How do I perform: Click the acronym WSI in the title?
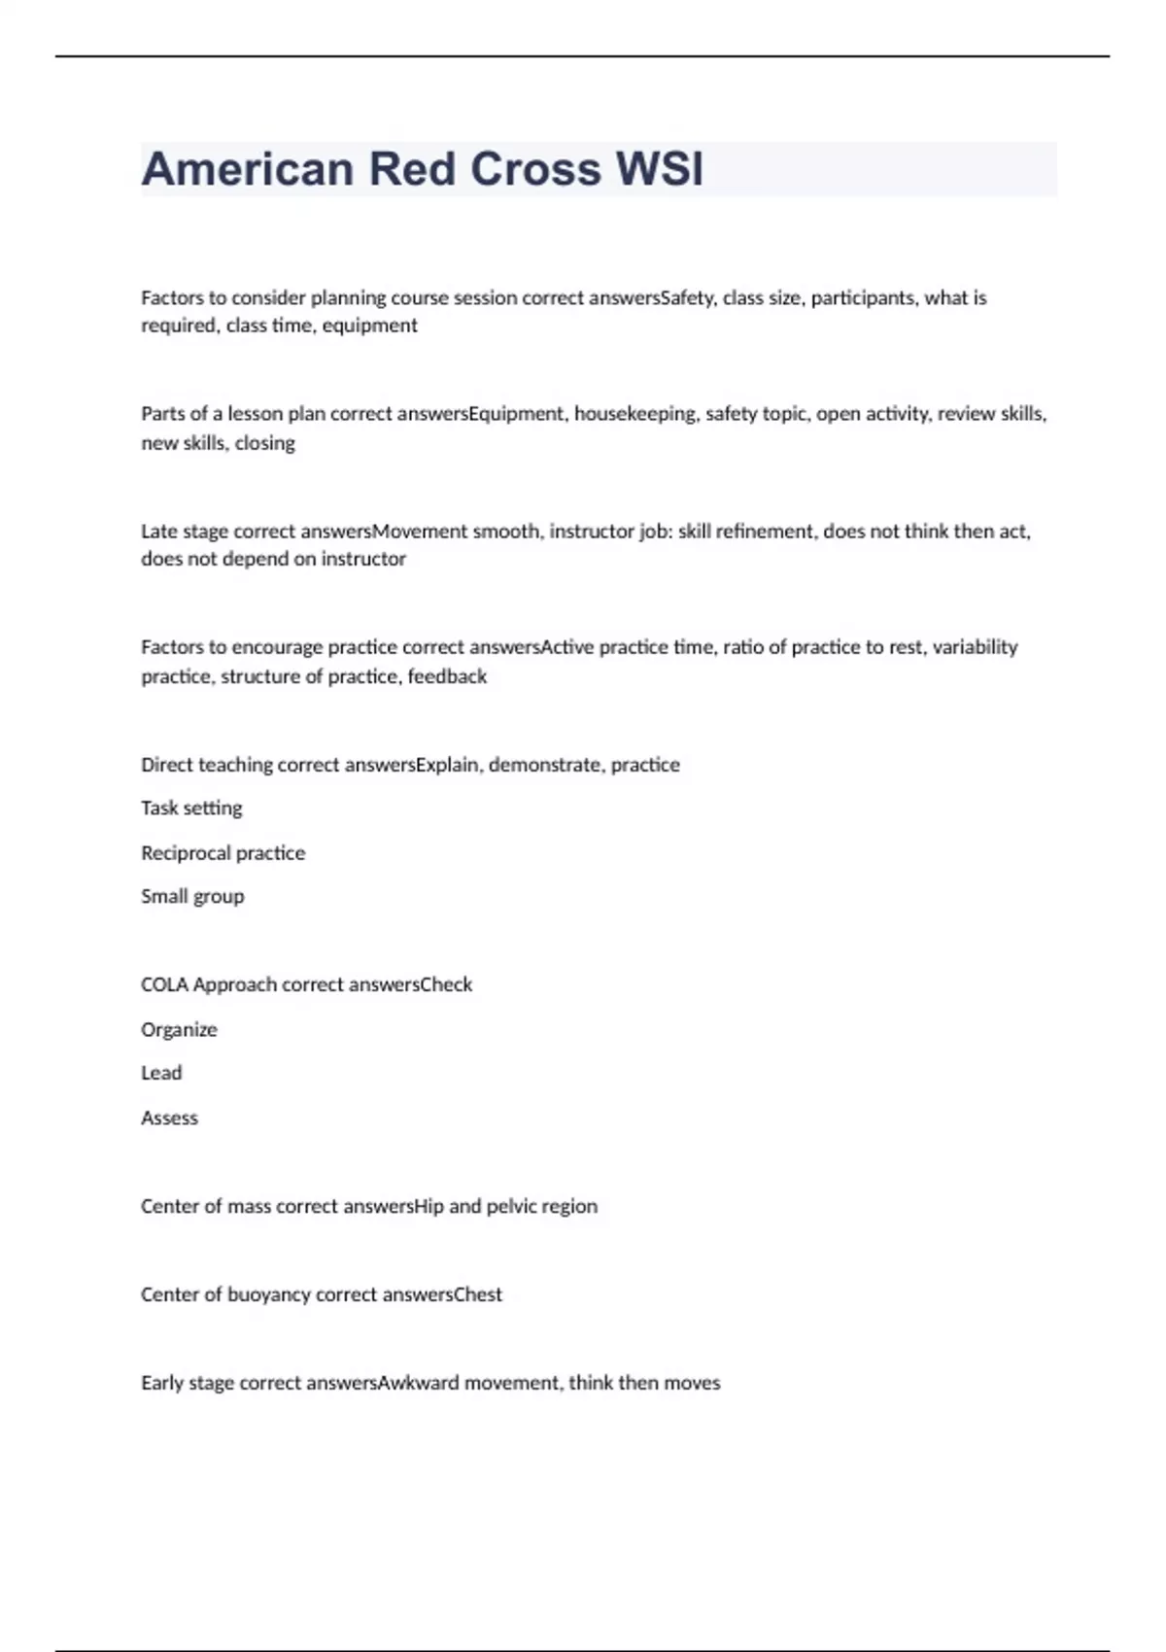(660, 169)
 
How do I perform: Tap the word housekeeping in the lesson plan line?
(635, 414)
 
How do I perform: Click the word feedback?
(447, 676)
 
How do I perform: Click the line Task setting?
(191, 809)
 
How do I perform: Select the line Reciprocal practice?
(223, 853)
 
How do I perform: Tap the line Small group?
(192, 897)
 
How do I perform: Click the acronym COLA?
(164, 984)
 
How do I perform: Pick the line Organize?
(179, 1030)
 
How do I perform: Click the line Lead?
(161, 1073)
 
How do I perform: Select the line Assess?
(169, 1119)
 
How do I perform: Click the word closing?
(264, 443)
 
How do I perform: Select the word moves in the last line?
(692, 1383)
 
